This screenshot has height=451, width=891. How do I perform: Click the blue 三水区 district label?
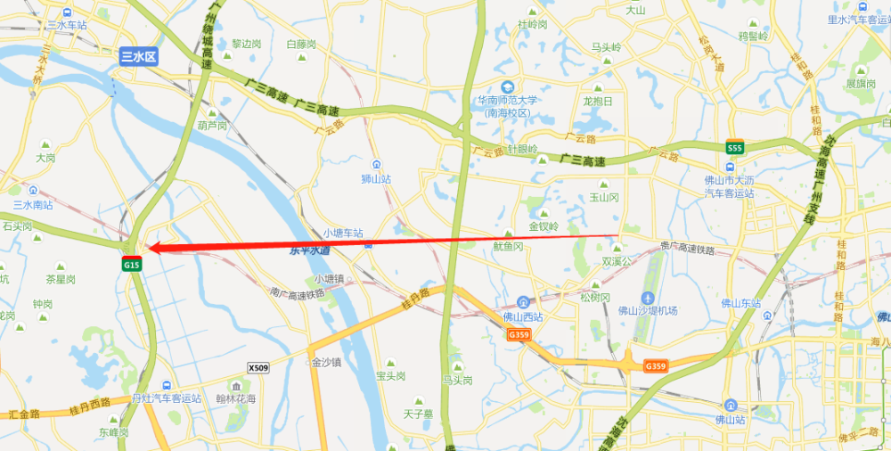click(138, 56)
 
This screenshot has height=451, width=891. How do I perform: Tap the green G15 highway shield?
click(132, 265)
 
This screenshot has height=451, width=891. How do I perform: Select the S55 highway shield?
click(734, 148)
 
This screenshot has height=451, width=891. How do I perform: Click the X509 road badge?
click(257, 367)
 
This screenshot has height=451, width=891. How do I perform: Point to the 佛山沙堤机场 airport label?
click(648, 311)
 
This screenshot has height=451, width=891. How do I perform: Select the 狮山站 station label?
click(377, 178)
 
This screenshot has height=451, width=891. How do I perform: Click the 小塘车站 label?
click(343, 233)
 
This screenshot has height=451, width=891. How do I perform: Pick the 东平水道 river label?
click(310, 251)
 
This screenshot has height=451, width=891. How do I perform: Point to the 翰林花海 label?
click(236, 398)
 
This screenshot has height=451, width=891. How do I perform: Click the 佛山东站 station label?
click(741, 303)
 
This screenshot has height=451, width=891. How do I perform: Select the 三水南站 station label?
click(33, 204)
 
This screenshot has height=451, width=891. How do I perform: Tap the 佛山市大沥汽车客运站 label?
click(729, 185)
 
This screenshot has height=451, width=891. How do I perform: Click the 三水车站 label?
click(67, 25)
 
